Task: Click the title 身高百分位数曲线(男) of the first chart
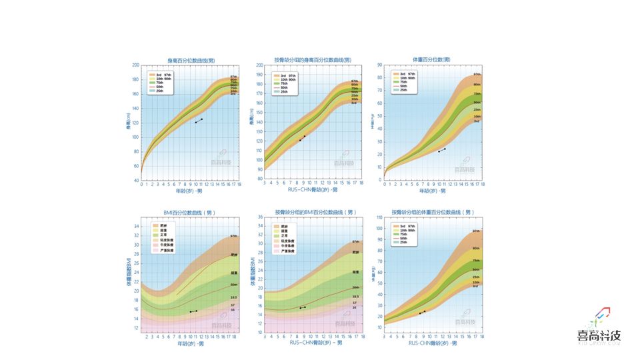click(190, 60)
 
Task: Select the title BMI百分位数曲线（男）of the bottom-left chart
click(190, 212)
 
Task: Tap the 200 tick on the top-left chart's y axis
click(135, 65)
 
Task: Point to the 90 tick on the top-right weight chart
click(379, 65)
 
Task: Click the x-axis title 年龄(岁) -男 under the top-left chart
click(189, 191)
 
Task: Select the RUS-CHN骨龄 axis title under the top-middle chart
click(312, 190)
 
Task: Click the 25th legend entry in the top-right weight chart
click(402, 90)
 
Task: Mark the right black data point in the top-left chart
click(201, 119)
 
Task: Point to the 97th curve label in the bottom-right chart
click(476, 231)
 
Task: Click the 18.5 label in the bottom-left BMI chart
click(233, 297)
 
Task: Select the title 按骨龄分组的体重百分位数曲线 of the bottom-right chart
click(433, 212)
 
